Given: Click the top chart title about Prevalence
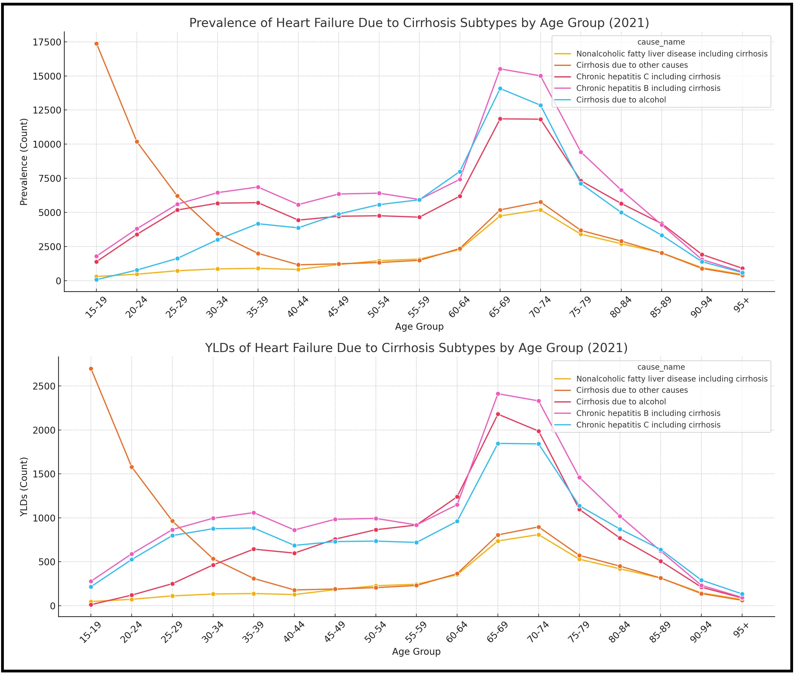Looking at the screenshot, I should point(419,23).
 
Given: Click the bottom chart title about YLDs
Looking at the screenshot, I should point(416,348).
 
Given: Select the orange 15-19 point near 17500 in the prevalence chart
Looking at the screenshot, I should point(97,44).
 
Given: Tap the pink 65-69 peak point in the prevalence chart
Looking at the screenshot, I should point(500,69).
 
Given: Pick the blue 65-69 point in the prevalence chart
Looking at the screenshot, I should point(500,88).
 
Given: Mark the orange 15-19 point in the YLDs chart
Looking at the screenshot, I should point(91,369).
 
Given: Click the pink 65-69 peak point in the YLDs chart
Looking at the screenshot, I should point(498,394).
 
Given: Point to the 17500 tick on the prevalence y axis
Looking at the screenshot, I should point(47,42).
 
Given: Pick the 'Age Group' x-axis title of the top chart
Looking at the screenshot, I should point(419,326).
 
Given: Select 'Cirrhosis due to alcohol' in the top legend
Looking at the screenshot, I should point(621,100).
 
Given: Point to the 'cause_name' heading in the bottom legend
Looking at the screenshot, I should point(661,367).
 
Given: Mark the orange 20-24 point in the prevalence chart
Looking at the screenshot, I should point(137,142).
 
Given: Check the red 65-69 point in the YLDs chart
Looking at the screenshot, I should point(498,414).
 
